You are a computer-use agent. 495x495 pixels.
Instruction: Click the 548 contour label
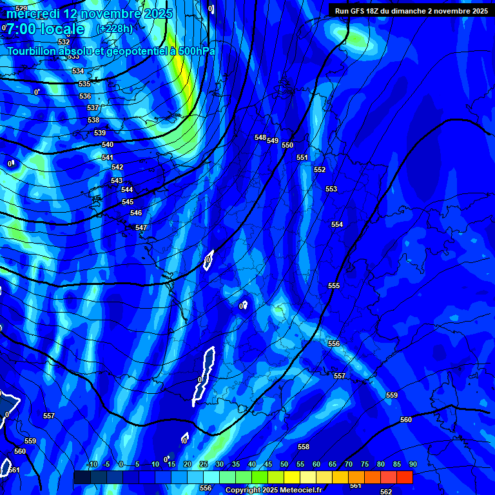(x=260, y=137)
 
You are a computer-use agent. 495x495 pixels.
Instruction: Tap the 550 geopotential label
(x=287, y=145)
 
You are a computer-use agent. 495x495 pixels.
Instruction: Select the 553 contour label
(x=331, y=189)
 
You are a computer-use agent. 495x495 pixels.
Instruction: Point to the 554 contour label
(x=337, y=224)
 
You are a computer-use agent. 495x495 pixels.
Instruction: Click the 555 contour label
(x=334, y=286)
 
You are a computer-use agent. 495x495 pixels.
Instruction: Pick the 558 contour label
(x=304, y=447)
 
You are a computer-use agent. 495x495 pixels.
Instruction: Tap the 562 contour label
(x=386, y=492)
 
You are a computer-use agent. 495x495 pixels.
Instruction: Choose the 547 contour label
(x=141, y=228)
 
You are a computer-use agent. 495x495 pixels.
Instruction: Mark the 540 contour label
(x=108, y=145)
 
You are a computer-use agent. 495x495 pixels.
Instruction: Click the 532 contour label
(x=64, y=42)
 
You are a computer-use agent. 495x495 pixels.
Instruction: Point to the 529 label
(x=21, y=8)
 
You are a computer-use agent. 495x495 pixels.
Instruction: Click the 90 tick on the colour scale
(x=412, y=465)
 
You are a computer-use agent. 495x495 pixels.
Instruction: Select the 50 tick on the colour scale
(x=284, y=465)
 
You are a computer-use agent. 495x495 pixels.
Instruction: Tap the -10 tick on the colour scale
(x=92, y=465)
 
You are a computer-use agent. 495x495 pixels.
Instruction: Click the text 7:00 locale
(x=45, y=29)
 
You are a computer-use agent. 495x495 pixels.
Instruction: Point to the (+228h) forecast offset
(x=115, y=28)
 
